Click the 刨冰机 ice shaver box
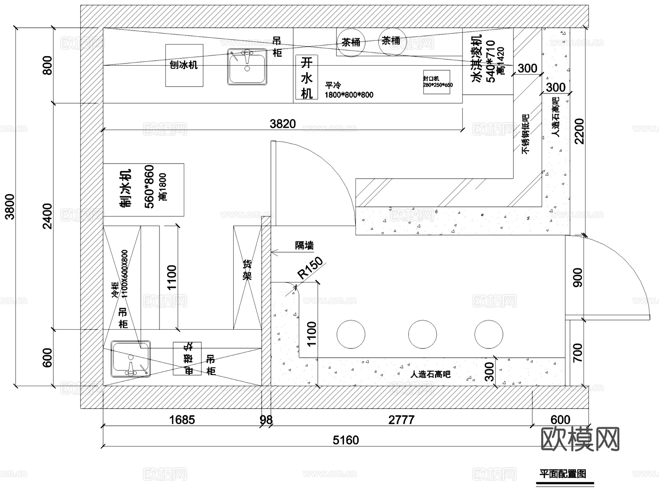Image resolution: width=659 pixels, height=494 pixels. point(184,65)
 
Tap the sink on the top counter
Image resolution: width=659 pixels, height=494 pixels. point(247,67)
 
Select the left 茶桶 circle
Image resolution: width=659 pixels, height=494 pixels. point(351,43)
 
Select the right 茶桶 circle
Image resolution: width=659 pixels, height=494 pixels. point(391,41)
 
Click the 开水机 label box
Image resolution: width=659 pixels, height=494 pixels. point(306,77)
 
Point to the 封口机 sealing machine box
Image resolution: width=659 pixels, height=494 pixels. point(436,82)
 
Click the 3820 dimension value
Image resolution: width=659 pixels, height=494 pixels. point(283,124)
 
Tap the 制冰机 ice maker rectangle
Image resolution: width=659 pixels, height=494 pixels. point(144,190)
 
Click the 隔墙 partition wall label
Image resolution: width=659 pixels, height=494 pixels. point(304,245)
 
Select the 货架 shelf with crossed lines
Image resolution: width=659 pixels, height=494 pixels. point(247,277)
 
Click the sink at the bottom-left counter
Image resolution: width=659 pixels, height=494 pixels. point(131,359)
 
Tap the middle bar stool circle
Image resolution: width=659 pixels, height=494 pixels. point(422,334)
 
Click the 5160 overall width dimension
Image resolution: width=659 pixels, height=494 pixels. point(346,440)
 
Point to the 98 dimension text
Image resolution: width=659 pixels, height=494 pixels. point(266,420)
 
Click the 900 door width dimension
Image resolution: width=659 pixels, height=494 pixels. point(577,278)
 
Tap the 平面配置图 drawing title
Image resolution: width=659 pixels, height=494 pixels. point(563,474)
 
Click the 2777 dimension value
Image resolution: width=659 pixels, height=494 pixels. point(401,420)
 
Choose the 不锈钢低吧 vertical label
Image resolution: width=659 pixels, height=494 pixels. point(526,134)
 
